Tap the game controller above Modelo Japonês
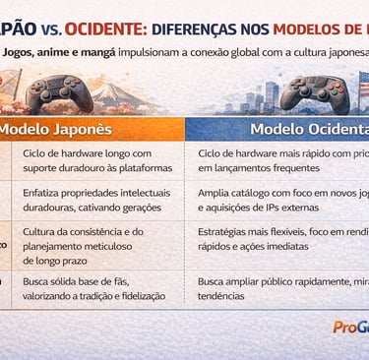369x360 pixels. click(58, 93)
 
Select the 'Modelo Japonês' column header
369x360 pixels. click(55, 129)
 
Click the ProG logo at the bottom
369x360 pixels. click(348, 328)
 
